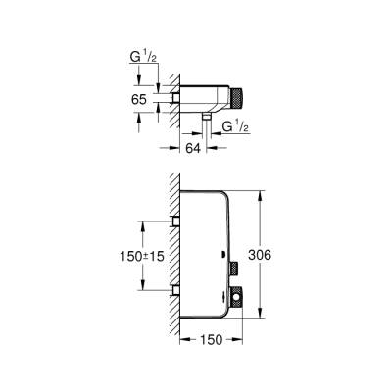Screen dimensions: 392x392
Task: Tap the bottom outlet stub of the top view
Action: (x=208, y=117)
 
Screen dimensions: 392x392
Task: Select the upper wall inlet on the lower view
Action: (x=175, y=222)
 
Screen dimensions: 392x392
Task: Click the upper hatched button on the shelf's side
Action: (x=235, y=269)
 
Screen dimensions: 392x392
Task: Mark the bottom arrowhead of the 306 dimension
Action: (x=260, y=316)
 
